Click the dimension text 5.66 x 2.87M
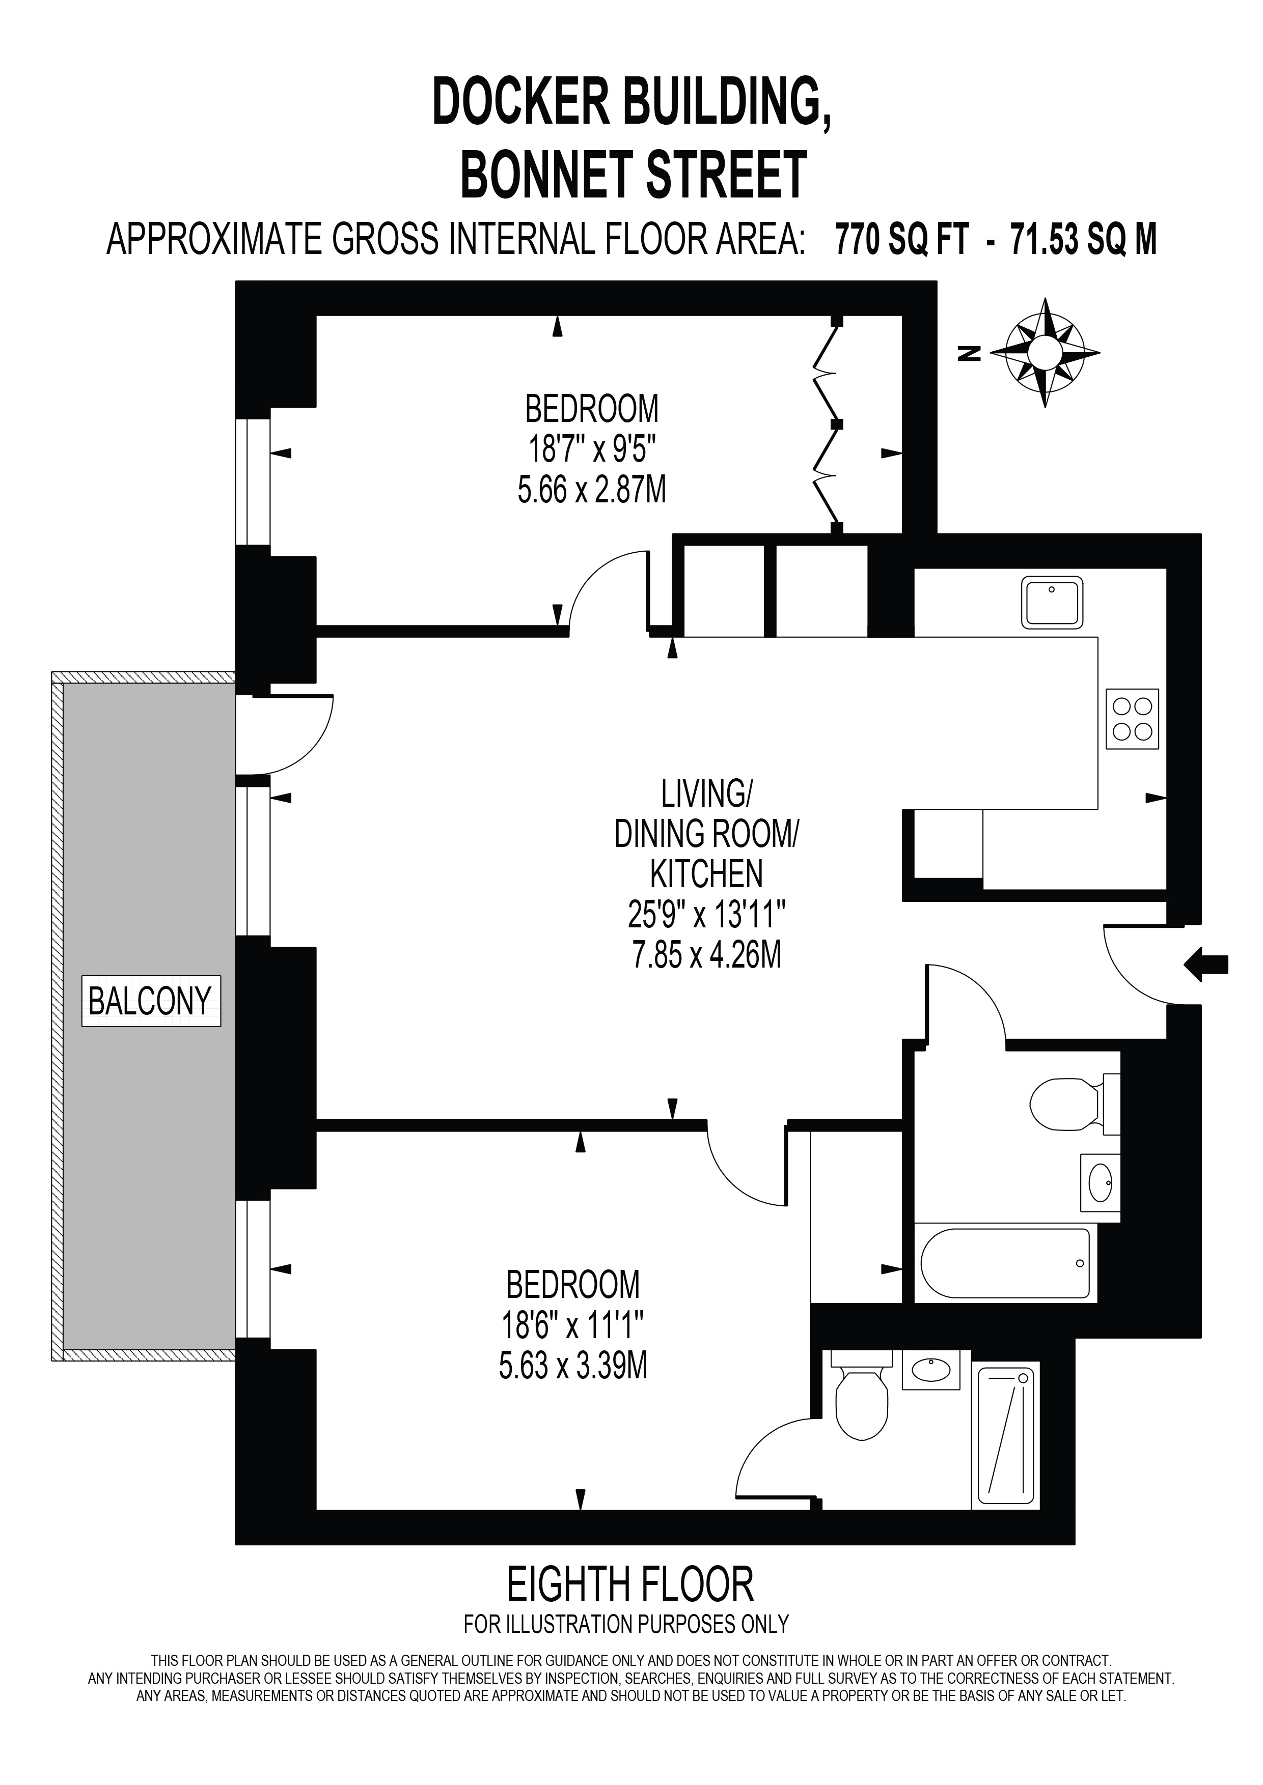(x=592, y=491)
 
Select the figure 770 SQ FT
(x=902, y=239)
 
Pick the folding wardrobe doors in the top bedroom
(x=828, y=426)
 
